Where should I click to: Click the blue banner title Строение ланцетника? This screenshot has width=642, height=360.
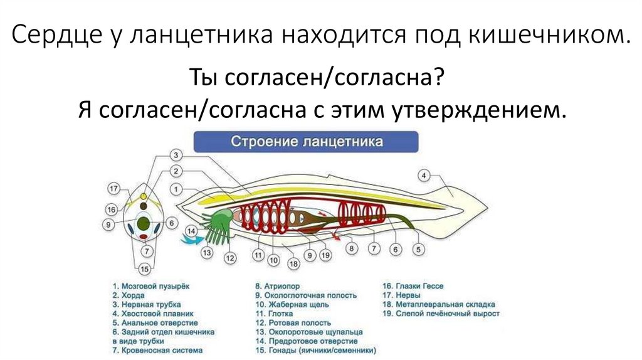[307, 142]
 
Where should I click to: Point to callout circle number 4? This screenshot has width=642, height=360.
[424, 175]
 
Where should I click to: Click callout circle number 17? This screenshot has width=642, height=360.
[113, 189]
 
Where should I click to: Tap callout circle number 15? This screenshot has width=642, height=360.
[145, 270]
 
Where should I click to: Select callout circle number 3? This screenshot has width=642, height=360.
[176, 155]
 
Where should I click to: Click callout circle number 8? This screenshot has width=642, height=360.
[351, 249]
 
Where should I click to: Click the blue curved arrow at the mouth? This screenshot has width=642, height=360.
[188, 238]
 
